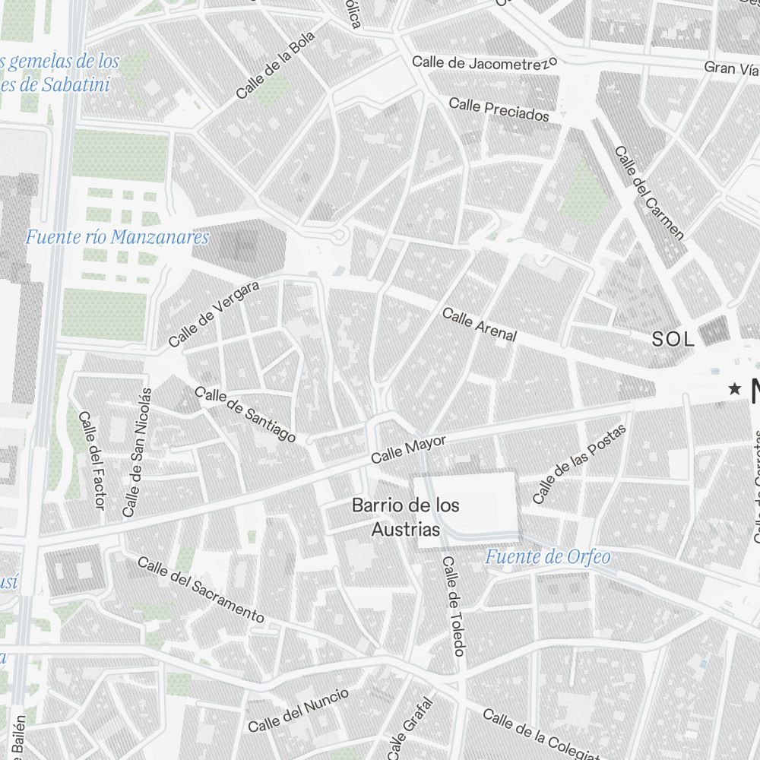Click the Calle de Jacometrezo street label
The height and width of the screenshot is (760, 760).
[484, 62]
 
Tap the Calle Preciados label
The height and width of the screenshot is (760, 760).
[499, 109]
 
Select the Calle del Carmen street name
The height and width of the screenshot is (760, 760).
[649, 192]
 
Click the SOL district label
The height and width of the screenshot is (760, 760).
[673, 340]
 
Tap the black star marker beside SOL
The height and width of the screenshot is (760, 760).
[734, 389]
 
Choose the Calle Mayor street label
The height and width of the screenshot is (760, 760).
[408, 450]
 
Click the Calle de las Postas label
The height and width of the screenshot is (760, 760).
[579, 464]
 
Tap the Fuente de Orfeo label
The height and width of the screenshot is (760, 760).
[547, 557]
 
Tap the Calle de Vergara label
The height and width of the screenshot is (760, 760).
[214, 314]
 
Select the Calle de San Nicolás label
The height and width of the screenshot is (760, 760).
[138, 452]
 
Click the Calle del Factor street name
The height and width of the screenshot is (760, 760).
[91, 461]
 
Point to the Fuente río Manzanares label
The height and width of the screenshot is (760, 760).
[117, 237]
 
